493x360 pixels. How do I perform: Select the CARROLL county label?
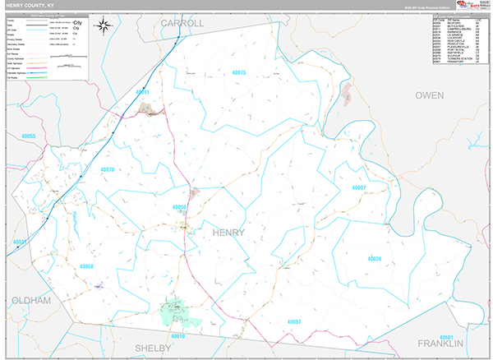coord(181,23)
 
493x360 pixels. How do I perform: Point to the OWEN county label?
coord(429,95)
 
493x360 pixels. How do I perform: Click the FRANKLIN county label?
coord(440,342)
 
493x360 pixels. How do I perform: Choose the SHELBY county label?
coord(153,348)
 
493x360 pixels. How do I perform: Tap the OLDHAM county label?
coord(28,302)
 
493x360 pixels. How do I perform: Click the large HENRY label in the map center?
coord(228,233)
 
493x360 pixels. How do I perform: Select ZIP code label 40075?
coord(239,73)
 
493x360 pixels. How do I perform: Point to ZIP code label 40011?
coord(142,93)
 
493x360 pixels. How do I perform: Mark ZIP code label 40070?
coord(108,169)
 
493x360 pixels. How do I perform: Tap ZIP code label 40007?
coord(357,188)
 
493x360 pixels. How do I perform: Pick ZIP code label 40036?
coord(374,260)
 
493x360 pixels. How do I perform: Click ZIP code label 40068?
coord(87,267)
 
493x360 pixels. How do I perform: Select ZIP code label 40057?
coord(295,321)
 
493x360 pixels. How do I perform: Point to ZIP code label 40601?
coord(446,336)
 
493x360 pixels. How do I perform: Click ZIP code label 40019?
coord(178,336)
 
